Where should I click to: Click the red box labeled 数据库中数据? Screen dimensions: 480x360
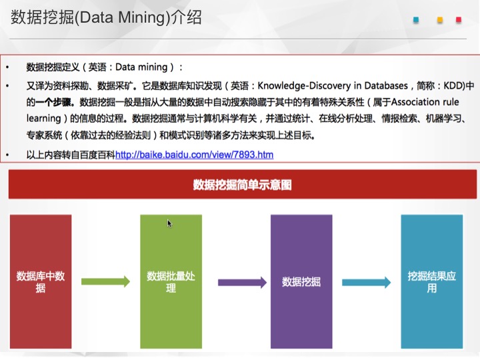[x=41, y=281]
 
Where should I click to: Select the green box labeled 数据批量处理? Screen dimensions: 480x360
[x=171, y=281]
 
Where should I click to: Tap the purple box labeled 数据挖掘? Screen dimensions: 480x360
[x=301, y=281]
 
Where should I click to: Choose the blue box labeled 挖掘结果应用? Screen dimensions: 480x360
[x=432, y=281]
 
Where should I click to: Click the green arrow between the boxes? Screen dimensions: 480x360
[x=105, y=281]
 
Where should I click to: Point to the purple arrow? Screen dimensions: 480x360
[x=242, y=282]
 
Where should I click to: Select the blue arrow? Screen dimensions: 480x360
[x=367, y=282]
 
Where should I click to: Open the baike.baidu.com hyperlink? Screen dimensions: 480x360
[x=195, y=155]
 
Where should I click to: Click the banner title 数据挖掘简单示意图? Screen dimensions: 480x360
[x=243, y=185]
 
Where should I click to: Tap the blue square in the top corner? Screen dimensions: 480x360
[x=416, y=20]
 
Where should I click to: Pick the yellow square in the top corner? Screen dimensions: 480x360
[x=440, y=20]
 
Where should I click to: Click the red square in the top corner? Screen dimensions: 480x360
[x=459, y=20]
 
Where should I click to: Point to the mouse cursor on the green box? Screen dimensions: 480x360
[x=169, y=223]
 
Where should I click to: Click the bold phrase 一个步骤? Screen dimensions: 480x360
[x=55, y=102]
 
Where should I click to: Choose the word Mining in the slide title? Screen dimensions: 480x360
[x=142, y=18]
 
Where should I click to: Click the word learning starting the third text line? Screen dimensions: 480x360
[x=44, y=119]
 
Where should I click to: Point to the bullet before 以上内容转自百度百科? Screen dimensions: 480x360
[x=7, y=155]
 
